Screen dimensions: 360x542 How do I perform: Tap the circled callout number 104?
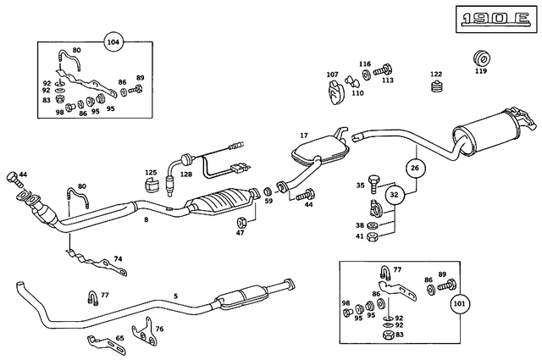(113, 42)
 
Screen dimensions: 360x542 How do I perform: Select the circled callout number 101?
(460, 302)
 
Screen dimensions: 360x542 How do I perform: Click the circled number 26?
(414, 169)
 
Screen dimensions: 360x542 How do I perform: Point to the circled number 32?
(395, 194)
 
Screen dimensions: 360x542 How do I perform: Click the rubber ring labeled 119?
(480, 59)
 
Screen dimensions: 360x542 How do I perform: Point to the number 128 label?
(185, 174)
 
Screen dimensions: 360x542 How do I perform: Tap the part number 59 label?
(269, 202)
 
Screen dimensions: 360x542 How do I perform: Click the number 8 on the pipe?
(146, 219)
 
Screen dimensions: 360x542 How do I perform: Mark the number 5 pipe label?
(176, 296)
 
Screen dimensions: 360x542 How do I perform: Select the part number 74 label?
(118, 258)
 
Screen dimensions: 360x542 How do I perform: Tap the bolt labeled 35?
(375, 186)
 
